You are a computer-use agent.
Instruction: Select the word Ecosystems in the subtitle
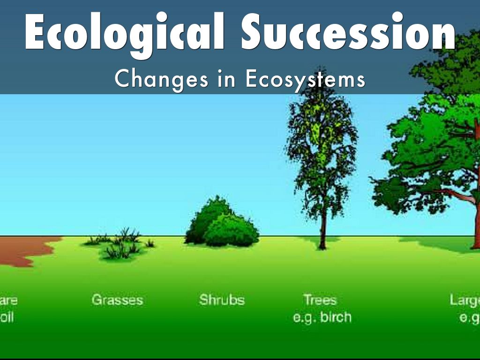click(305, 79)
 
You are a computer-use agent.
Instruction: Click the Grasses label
click(117, 300)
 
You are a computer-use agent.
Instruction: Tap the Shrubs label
click(222, 300)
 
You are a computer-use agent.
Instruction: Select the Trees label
click(320, 300)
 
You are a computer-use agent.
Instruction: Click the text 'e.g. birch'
click(322, 317)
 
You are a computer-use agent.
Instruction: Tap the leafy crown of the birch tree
click(322, 141)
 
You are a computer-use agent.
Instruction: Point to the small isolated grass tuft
click(150, 243)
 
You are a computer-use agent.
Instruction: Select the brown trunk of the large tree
click(476, 220)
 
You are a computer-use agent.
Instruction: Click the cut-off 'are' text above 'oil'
click(8, 300)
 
